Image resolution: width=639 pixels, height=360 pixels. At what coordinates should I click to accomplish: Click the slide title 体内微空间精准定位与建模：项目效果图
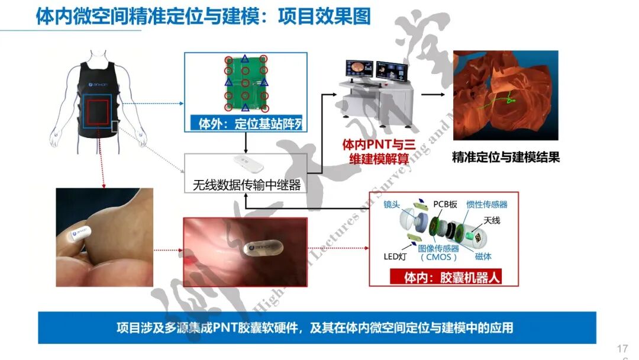pyautogui.click(x=203, y=16)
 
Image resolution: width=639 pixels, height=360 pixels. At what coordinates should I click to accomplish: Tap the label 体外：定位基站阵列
pyautogui.click(x=246, y=124)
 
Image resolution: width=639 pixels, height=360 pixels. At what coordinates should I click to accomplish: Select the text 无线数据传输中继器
pyautogui.click(x=247, y=185)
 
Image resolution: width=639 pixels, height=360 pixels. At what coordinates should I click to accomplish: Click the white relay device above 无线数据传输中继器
pyautogui.click(x=246, y=162)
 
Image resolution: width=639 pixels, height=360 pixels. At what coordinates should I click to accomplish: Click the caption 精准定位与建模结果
pyautogui.click(x=505, y=157)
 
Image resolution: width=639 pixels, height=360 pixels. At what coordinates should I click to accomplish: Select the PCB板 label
pyautogui.click(x=445, y=204)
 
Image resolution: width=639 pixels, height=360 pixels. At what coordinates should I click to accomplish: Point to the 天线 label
pyautogui.click(x=492, y=220)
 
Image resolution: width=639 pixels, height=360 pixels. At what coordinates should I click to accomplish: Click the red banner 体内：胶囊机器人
pyautogui.click(x=444, y=277)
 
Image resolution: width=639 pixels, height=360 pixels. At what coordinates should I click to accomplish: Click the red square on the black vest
pyautogui.click(x=99, y=115)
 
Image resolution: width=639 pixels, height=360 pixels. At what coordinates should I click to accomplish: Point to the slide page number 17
pyautogui.click(x=622, y=348)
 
